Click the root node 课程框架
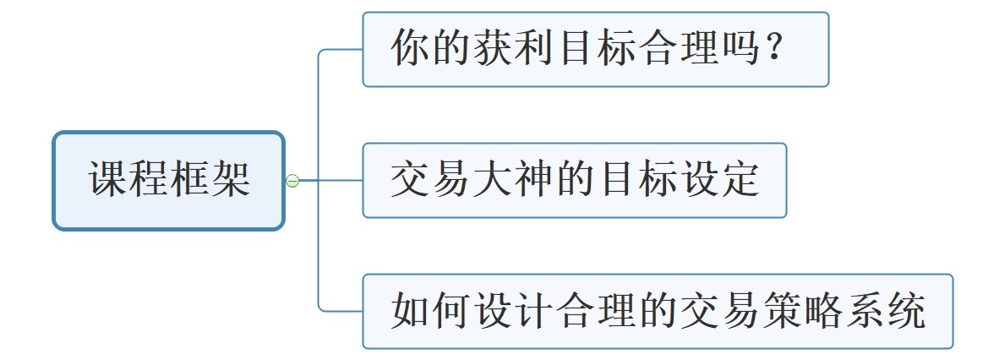[x=168, y=180]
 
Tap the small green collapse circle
[x=292, y=180]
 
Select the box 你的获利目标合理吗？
[x=595, y=49]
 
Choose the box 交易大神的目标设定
[x=574, y=180]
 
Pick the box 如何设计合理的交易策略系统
[x=657, y=311]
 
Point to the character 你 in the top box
[x=410, y=50]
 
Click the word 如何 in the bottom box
[x=431, y=312]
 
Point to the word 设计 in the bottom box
[x=513, y=312]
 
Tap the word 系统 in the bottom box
[x=884, y=312]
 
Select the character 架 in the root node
[x=230, y=181]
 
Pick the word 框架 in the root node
[x=210, y=181]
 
